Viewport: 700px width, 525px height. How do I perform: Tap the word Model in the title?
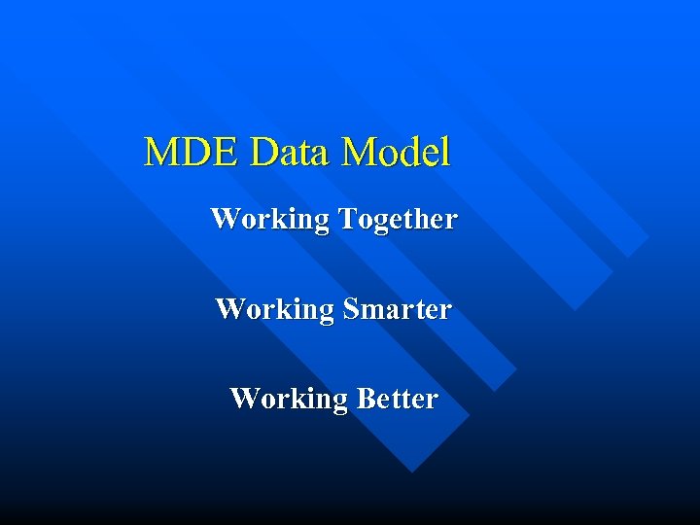(397, 153)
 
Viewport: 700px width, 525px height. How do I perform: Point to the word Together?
(398, 220)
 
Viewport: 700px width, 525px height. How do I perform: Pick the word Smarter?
(398, 309)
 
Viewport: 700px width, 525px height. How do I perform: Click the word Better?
(398, 399)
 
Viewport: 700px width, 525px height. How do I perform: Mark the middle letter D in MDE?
(195, 153)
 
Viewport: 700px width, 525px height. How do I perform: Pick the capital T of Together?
(348, 219)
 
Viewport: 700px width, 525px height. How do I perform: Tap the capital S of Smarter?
(352, 309)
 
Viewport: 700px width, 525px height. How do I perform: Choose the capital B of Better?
(366, 399)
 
